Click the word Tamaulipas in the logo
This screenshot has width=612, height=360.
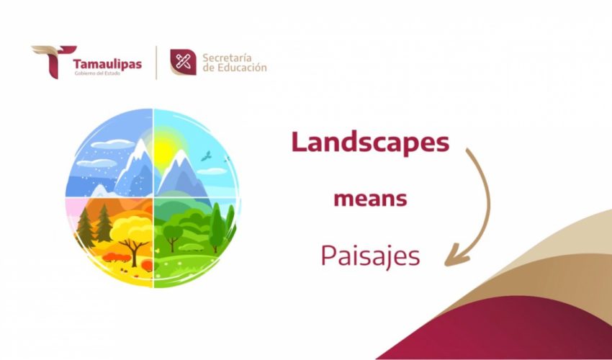[x=107, y=62]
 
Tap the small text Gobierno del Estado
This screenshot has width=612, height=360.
[x=97, y=74]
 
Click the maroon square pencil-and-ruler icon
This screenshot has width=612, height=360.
[x=183, y=62]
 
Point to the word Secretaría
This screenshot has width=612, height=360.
[x=229, y=57]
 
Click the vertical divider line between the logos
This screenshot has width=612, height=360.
[x=156, y=63]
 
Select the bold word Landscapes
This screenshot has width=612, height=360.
[x=370, y=142]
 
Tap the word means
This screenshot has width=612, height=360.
[x=370, y=199]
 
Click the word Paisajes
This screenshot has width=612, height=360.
[x=370, y=256]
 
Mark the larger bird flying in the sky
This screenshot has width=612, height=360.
[x=207, y=156]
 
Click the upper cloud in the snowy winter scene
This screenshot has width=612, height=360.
[x=107, y=144]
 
